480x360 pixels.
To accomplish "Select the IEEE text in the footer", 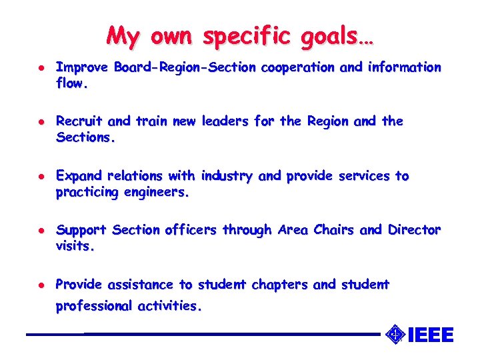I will click(x=430, y=333).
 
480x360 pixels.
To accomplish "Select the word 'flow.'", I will click(x=72, y=85).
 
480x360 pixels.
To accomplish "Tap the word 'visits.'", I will click(x=75, y=247).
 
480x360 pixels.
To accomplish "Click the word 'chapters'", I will click(x=279, y=285).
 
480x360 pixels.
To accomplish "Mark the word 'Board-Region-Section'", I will click(x=185, y=67).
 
